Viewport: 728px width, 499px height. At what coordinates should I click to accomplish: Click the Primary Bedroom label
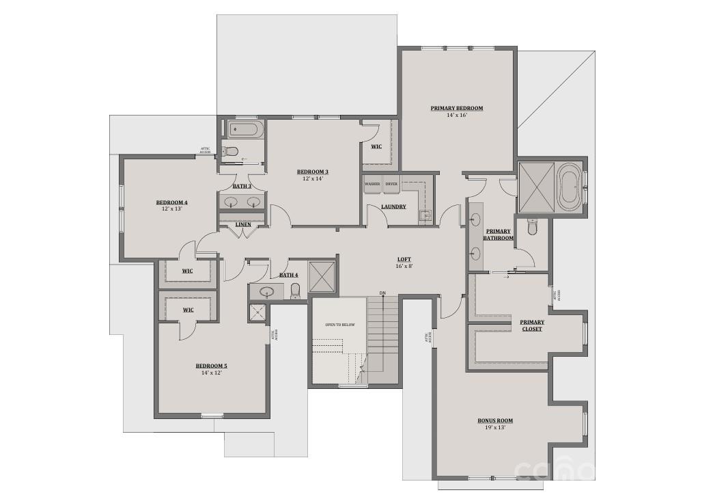(456, 108)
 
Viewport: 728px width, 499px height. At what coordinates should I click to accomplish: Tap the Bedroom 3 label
(313, 172)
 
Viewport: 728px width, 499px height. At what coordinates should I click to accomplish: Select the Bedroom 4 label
(171, 202)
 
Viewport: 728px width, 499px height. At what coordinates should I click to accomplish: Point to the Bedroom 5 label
(211, 366)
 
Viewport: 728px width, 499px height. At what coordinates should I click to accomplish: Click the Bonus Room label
(495, 420)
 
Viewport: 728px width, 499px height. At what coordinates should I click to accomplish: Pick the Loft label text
(404, 259)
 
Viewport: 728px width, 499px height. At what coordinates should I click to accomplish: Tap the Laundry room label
(393, 206)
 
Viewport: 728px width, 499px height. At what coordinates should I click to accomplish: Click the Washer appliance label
(372, 184)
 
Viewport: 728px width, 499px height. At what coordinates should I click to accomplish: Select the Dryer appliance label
(391, 184)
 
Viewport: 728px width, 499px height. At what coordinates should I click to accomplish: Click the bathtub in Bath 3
(243, 129)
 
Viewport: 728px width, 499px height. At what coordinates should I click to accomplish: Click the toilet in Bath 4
(295, 291)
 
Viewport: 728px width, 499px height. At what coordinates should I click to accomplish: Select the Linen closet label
(242, 224)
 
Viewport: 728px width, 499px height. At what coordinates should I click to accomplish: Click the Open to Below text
(339, 325)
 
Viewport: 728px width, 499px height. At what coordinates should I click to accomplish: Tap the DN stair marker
(382, 293)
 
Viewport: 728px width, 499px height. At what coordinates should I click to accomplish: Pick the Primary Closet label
(531, 325)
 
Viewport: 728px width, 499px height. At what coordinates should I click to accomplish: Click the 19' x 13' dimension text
(495, 428)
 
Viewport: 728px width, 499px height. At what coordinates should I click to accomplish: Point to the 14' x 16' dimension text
(456, 116)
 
